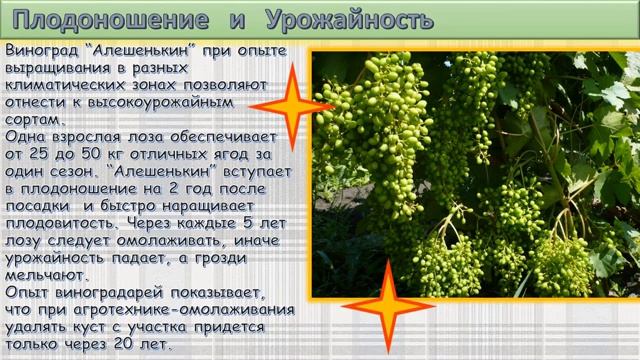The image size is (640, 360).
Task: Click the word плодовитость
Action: tap(57, 214)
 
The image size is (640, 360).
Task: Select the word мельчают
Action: tap(46, 277)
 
